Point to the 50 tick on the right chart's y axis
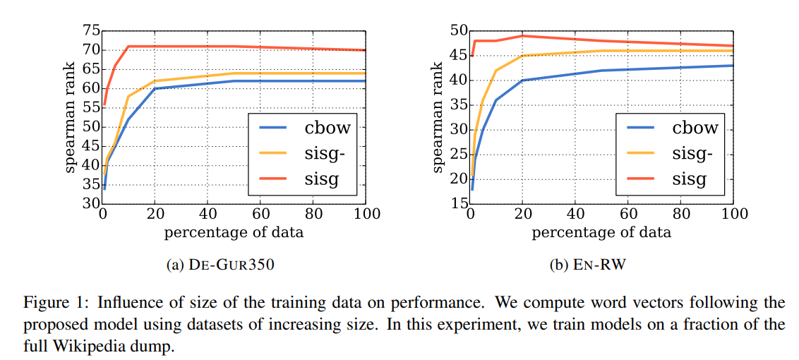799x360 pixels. pyautogui.click(x=459, y=30)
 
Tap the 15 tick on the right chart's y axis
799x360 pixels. pyautogui.click(x=459, y=204)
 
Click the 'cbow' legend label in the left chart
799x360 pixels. pyautogui.click(x=328, y=128)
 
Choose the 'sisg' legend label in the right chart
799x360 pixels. pyautogui.click(x=689, y=179)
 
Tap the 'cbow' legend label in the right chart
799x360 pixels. pyautogui.click(x=695, y=128)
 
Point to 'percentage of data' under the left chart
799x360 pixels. pyautogui.click(x=234, y=232)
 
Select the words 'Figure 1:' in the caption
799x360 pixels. pyautogui.click(x=54, y=304)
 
